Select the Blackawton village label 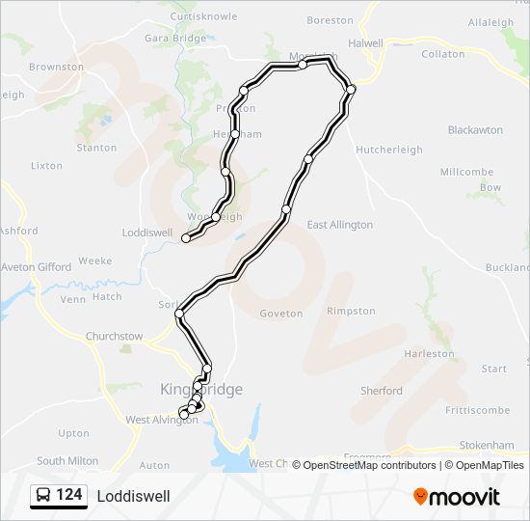[x=475, y=129]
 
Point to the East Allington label [x=339, y=225]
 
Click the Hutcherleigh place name [x=389, y=150]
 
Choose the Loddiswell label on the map [x=146, y=233]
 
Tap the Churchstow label [x=114, y=337]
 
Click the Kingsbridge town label [x=199, y=389]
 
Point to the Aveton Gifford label [x=36, y=267]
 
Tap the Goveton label [x=281, y=314]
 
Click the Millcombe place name [x=466, y=172]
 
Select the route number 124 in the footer [x=68, y=496]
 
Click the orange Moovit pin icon [x=421, y=497]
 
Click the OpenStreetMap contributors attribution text [x=368, y=465]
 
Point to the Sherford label [x=382, y=391]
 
